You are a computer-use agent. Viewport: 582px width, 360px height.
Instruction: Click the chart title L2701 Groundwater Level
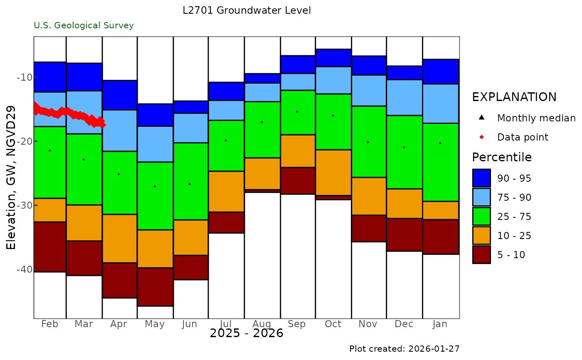pyautogui.click(x=247, y=11)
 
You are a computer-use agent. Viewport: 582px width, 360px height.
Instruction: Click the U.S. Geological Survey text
pyautogui.click(x=84, y=26)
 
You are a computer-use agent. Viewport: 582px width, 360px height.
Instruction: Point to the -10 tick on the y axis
pyautogui.click(x=25, y=77)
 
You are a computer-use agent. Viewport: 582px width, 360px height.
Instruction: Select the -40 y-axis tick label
pyautogui.click(x=25, y=269)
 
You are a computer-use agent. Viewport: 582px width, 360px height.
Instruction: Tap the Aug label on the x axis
pyautogui.click(x=262, y=324)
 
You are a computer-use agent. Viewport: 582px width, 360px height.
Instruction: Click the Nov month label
pyautogui.click(x=368, y=324)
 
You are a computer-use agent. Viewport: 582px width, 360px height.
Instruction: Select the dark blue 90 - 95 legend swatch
pyautogui.click(x=481, y=178)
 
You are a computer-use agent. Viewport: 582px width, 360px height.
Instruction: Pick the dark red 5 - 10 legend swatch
pyautogui.click(x=481, y=255)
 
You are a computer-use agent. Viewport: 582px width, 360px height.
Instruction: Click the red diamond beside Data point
pyautogui.click(x=481, y=137)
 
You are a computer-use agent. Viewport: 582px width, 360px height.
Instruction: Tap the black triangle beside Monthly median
pyautogui.click(x=481, y=118)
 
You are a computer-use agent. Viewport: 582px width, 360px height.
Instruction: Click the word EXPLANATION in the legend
pyautogui.click(x=514, y=97)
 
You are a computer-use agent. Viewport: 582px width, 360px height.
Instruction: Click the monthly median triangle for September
pyautogui.click(x=297, y=111)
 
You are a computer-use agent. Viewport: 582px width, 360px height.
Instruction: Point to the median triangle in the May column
pyautogui.click(x=155, y=186)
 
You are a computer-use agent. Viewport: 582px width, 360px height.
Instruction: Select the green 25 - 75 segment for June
pyautogui.click(x=190, y=181)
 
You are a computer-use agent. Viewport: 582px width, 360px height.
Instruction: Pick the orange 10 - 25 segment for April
pyautogui.click(x=120, y=239)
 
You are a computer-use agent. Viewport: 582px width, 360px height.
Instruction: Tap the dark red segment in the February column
pyautogui.click(x=50, y=247)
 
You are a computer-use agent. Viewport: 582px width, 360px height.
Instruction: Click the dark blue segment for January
pyautogui.click(x=441, y=72)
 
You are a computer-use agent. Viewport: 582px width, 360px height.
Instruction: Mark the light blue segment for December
pyautogui.click(x=404, y=97)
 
